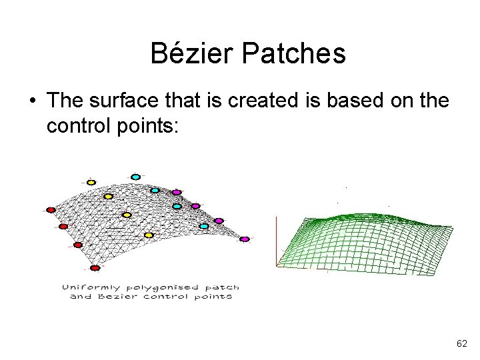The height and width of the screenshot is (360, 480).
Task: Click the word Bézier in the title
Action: tap(190, 53)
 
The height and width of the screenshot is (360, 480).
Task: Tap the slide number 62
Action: tap(461, 343)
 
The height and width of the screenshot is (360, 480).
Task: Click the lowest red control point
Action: tap(95, 268)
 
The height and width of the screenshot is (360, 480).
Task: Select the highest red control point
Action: tap(51, 209)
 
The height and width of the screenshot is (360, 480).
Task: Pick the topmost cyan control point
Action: tap(135, 177)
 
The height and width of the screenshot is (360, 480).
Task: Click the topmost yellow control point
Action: tap(91, 182)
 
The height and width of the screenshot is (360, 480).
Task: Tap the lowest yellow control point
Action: tap(149, 235)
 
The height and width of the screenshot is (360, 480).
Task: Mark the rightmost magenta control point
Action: tap(244, 239)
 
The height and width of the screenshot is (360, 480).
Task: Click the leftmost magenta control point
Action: tap(177, 193)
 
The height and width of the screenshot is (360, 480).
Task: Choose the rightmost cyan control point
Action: tap(205, 226)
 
